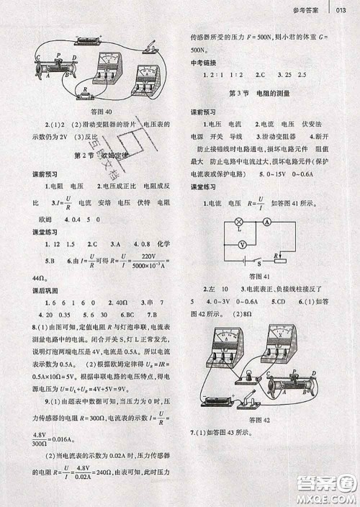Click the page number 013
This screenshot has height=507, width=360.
[x=343, y=10]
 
